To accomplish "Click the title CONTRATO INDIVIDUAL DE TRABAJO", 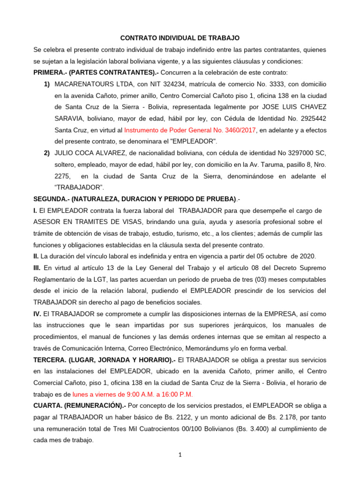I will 180,37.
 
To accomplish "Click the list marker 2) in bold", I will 47,153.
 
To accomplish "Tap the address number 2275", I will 63,176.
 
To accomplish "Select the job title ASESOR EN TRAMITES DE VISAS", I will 89,222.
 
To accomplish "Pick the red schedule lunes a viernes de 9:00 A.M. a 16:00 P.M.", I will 132,394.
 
